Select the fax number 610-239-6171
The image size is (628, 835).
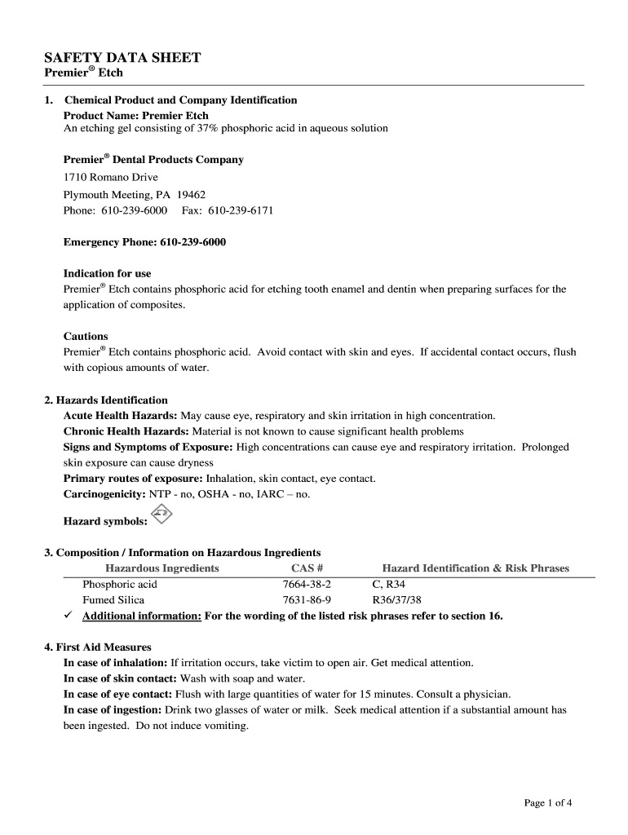[241, 210]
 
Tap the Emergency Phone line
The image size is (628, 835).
[144, 242]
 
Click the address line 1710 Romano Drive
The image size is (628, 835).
[111, 177]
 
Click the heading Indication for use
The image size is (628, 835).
[107, 273]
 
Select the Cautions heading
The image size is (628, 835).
[86, 336]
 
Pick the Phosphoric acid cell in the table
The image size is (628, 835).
[120, 585]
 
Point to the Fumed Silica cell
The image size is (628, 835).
[115, 600]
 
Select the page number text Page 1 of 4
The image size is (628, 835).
[547, 803]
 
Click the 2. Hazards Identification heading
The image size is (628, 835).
[106, 400]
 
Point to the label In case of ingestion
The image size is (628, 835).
[113, 710]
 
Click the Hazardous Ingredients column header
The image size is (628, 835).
[162, 568]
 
